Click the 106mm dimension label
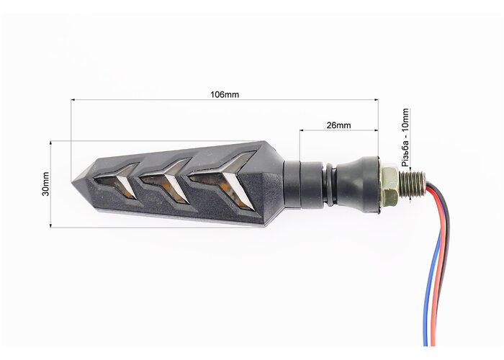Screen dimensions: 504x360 click(225, 94)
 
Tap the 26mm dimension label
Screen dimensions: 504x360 click(339, 125)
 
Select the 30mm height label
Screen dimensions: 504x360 click(45, 184)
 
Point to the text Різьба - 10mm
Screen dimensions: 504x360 click(405, 138)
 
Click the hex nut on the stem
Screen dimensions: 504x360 click(390, 185)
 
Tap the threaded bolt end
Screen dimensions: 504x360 click(413, 184)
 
